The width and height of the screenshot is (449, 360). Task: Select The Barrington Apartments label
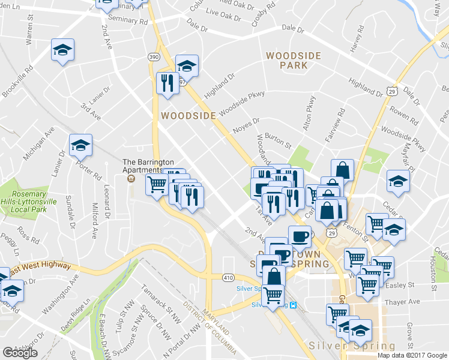(x=148, y=166)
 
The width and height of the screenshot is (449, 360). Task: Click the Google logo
(x=20, y=352)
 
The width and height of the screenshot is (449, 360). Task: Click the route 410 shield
(x=229, y=278)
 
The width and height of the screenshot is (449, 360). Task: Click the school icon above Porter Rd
(x=80, y=145)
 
